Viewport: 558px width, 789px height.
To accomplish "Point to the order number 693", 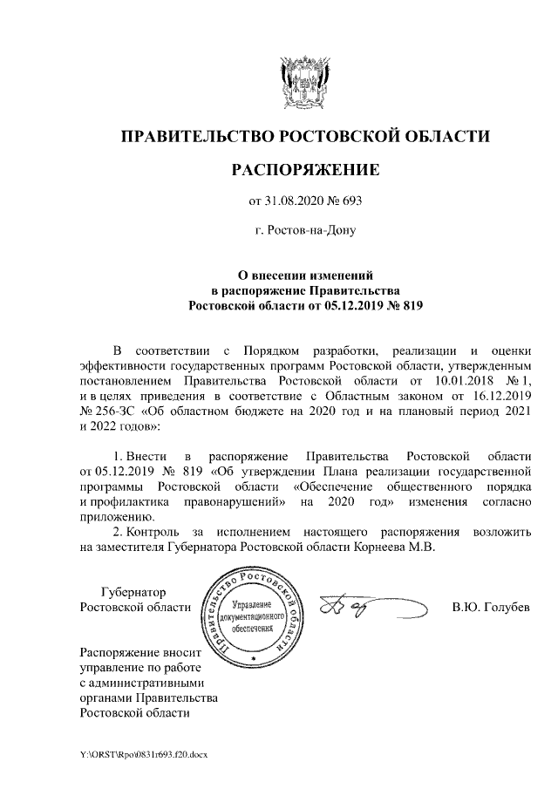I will [x=350, y=202].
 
